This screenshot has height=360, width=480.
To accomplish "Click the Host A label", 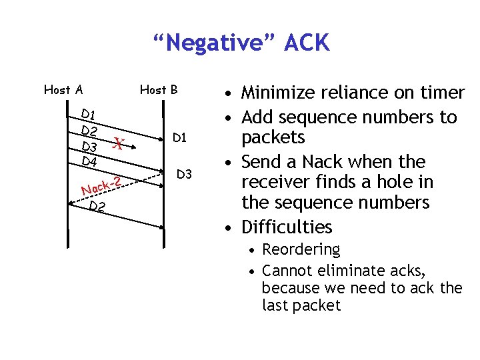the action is (63, 89).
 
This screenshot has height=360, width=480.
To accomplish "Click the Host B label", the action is (159, 89).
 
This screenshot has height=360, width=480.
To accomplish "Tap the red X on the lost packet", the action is (118, 143).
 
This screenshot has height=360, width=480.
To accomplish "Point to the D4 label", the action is (89, 161).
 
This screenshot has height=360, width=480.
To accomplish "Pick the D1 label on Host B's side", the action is (179, 138).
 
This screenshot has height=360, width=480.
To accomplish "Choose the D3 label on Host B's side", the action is (184, 175).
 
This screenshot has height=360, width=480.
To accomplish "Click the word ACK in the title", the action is (306, 43).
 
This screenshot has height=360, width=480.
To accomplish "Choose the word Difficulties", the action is (287, 227).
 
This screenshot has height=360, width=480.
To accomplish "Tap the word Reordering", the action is (301, 250).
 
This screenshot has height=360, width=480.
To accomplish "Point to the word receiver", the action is (275, 182).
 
